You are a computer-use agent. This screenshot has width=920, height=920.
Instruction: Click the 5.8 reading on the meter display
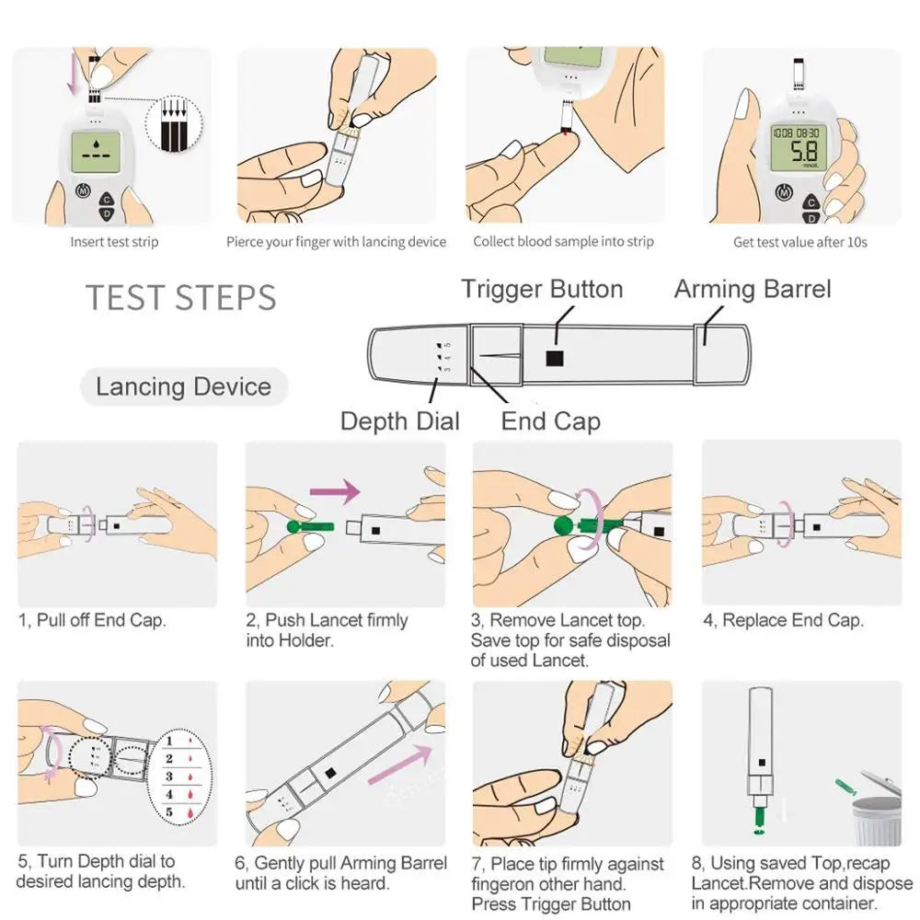coord(793,152)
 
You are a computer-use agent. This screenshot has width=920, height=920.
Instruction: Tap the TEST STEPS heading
coord(181,298)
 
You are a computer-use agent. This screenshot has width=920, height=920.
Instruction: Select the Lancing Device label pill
coord(183,386)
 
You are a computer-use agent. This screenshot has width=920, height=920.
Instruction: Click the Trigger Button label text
coord(542,289)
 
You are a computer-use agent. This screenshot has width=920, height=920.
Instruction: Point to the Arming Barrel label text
coord(752,289)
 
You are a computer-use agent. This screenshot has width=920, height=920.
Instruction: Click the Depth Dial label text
coord(399,421)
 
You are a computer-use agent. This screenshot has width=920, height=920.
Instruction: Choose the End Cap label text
coord(550,421)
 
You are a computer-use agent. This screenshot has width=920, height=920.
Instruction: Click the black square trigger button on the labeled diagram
coord(554,358)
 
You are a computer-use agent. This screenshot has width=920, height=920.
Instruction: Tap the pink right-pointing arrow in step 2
coord(335,491)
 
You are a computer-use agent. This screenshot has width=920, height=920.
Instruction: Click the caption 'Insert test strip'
coord(114,242)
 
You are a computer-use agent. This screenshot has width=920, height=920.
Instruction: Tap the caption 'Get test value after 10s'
coord(799,242)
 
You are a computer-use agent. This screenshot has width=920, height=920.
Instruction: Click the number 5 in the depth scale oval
coord(170,812)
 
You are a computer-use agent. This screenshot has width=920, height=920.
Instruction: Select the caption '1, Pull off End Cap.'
coord(92,620)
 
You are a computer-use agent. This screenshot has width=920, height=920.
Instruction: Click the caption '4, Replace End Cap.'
coord(783,620)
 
